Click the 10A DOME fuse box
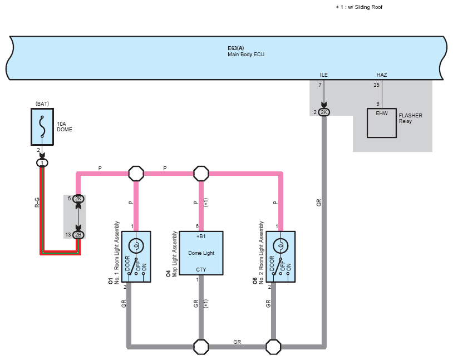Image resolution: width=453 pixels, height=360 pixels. tap(42, 124)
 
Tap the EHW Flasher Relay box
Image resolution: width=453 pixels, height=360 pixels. tap(381, 122)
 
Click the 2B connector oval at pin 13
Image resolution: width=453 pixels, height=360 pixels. tap(78, 235)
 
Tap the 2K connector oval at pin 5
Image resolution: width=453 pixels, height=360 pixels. tap(78, 198)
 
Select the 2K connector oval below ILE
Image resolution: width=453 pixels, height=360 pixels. tap(324, 112)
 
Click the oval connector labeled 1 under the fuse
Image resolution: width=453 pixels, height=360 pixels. tap(42, 162)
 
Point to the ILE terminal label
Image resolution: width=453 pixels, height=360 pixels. tap(324, 75)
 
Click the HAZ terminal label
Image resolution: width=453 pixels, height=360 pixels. tap(382, 75)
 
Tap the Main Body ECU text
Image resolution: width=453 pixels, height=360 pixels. tap(245, 55)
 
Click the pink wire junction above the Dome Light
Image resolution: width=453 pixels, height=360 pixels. tap(201, 174)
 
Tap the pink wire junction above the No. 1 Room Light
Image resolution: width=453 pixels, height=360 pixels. tap(136, 174)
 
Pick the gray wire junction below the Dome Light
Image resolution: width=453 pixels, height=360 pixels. tap(201, 347)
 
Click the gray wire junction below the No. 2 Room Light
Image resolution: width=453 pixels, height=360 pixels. tap(273, 347)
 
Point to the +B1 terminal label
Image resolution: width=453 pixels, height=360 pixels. tap(201, 236)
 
